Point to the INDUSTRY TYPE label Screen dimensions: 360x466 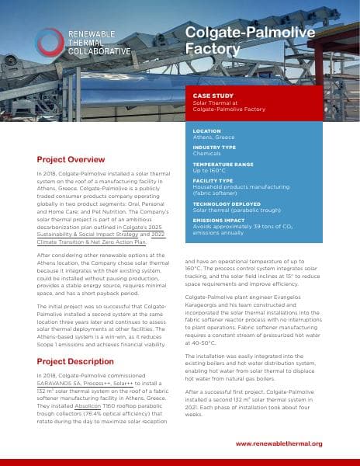tap(214, 147)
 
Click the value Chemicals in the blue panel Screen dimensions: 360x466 tap(207, 154)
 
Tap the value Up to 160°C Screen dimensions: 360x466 tap(213, 171)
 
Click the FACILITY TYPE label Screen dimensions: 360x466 tap(213, 180)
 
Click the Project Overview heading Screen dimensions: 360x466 tap(71, 157)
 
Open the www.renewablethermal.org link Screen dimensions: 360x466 tap(279, 443)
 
